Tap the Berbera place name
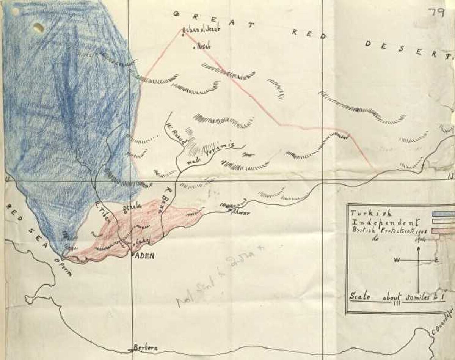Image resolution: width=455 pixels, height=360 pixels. pos(145,348)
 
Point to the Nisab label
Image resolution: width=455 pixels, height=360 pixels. pos(201,47)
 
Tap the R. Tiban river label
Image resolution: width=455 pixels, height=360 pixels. pos(103,213)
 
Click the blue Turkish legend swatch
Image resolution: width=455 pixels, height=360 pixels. pos(443,214)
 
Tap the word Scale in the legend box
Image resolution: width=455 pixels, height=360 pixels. pos(360,296)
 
